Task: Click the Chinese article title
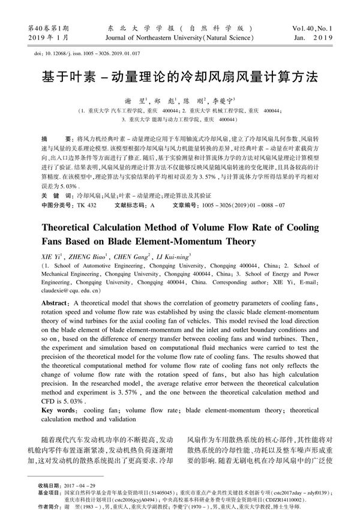[x=180, y=79]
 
